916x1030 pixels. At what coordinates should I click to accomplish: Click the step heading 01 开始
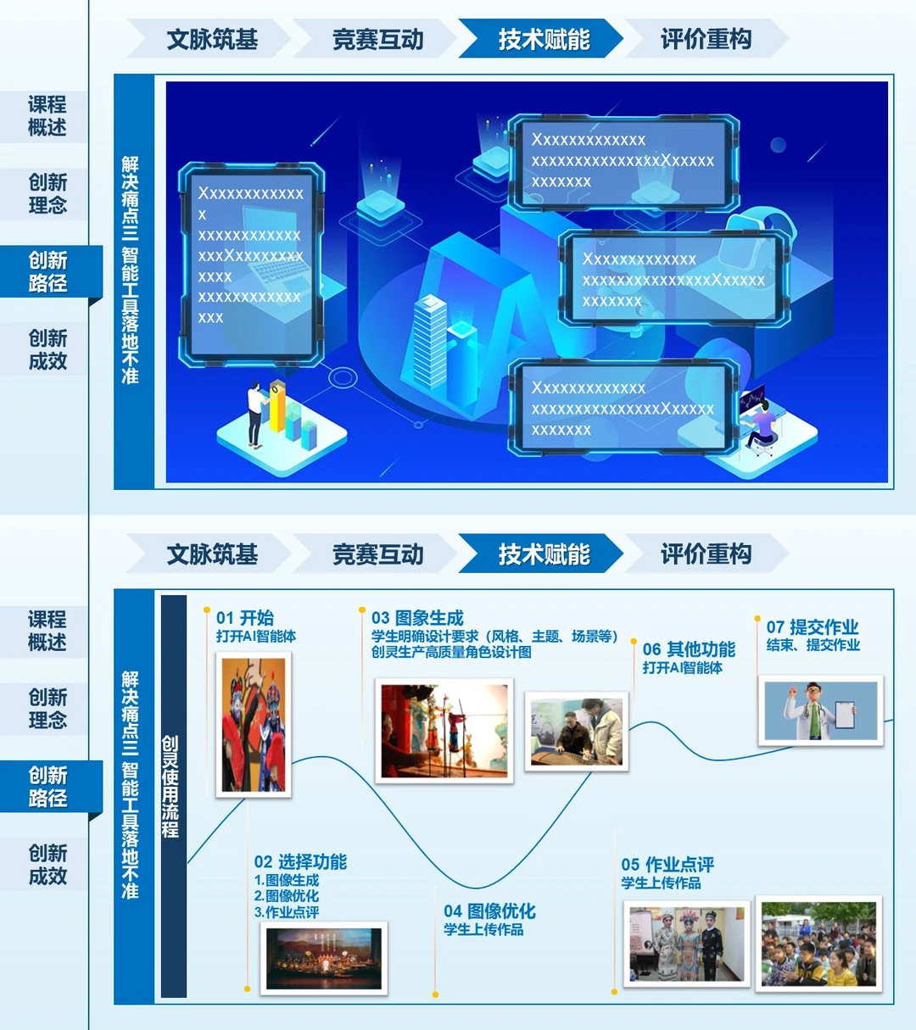click(x=244, y=618)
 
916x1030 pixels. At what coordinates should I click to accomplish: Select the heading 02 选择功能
click(x=300, y=862)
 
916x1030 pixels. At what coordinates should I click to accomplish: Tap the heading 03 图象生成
click(x=417, y=618)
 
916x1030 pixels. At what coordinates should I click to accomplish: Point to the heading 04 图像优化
click(x=489, y=911)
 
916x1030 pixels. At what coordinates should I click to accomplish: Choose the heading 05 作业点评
click(x=667, y=865)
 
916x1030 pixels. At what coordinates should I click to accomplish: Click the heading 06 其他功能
click(x=689, y=649)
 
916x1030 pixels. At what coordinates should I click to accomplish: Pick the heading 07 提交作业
click(x=813, y=627)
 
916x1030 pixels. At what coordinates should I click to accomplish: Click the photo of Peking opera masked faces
click(x=254, y=726)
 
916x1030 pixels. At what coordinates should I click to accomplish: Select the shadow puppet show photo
click(x=444, y=731)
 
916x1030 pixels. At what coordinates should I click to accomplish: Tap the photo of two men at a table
click(x=577, y=731)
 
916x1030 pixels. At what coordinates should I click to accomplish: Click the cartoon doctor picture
click(x=820, y=710)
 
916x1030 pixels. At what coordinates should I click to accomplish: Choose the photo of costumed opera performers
click(x=687, y=944)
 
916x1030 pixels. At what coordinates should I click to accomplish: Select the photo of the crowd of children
click(x=818, y=944)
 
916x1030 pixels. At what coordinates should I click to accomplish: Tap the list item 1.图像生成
click(x=287, y=881)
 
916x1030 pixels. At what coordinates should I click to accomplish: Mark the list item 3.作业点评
click(x=287, y=913)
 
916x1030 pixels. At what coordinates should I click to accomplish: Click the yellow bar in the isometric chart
click(x=277, y=406)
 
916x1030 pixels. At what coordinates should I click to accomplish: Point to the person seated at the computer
click(x=761, y=424)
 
